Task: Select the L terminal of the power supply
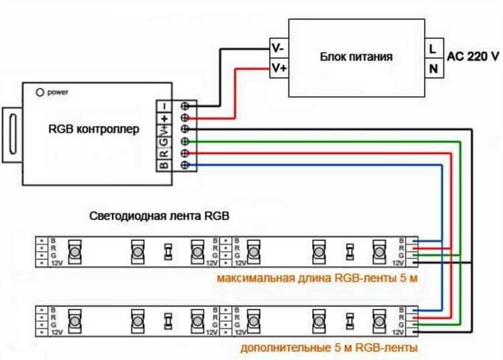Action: pos(433,48)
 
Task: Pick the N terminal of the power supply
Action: pos(433,68)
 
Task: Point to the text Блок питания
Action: pos(356,57)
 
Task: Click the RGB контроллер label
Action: pos(95,129)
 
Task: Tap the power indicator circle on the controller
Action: pos(40,91)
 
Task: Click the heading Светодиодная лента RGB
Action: pos(159,217)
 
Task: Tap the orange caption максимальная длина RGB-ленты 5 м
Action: pos(317,278)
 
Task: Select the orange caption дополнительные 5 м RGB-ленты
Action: pos(329,347)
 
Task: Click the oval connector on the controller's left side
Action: pos(12,133)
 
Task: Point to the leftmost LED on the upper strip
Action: pos(75,252)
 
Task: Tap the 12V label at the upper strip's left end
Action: pos(57,263)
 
